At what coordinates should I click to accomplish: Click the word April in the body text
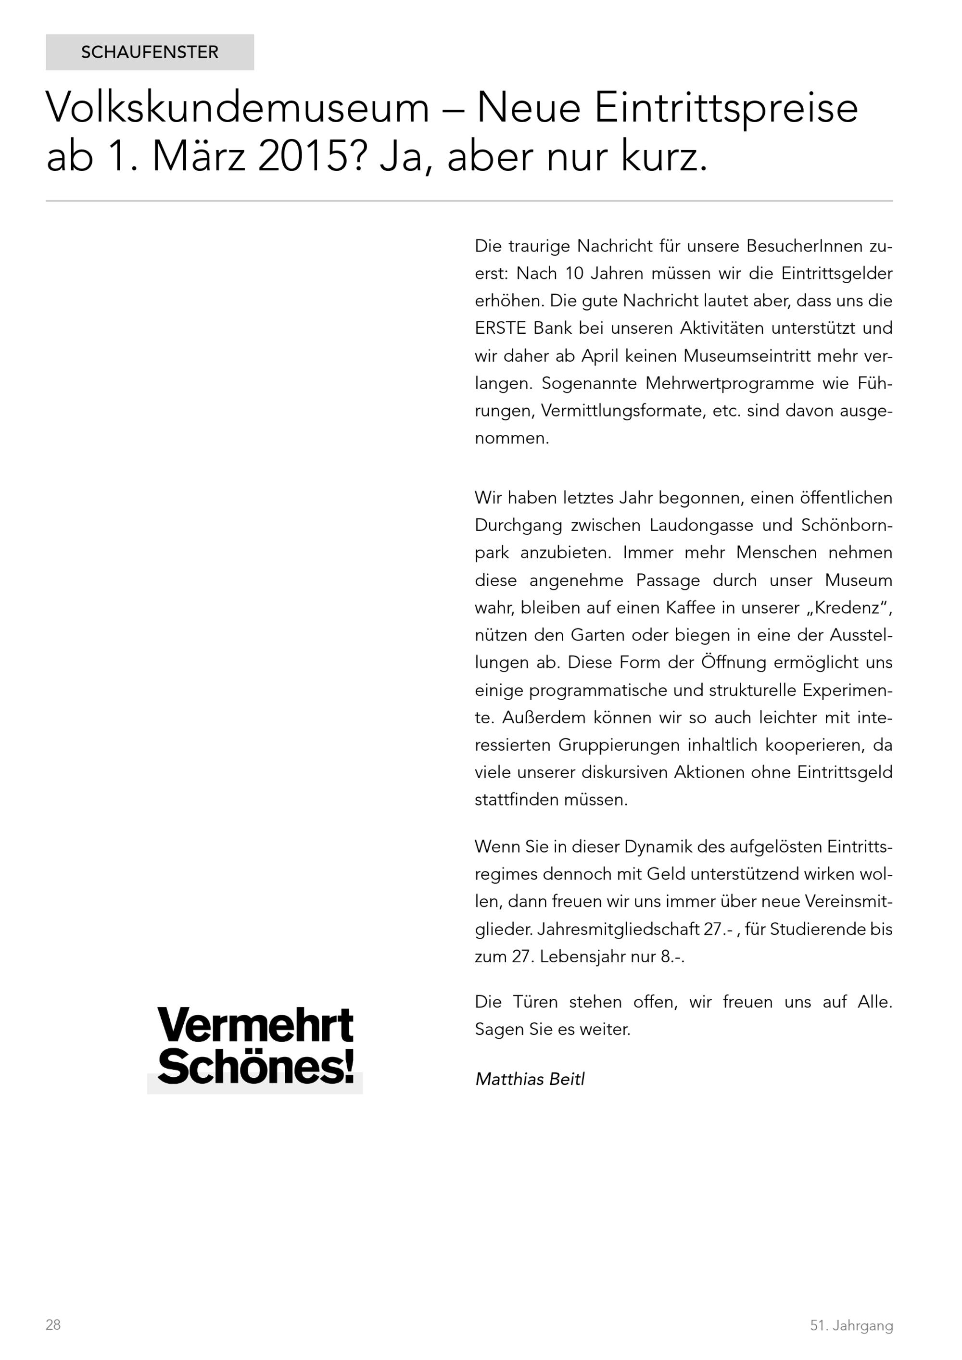point(600,355)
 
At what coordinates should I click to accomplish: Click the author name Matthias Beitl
point(530,1079)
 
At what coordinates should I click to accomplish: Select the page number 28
point(53,1324)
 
